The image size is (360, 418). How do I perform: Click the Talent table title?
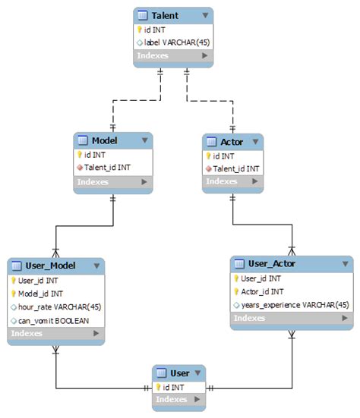[165, 15]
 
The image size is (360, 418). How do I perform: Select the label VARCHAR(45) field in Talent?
[177, 42]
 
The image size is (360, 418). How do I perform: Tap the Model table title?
[105, 141]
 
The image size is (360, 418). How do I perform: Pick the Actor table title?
[232, 143]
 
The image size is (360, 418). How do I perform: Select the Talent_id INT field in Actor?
[235, 168]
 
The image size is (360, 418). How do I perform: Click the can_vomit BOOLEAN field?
[54, 320]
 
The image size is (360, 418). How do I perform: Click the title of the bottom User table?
[180, 373]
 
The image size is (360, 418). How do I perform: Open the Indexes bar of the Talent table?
[172, 55]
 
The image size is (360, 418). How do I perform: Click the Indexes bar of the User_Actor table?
[292, 318]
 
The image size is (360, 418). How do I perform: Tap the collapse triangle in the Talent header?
[204, 15]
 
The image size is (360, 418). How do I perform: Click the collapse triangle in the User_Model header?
[96, 266]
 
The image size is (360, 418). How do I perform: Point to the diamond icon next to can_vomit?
[14, 320]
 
